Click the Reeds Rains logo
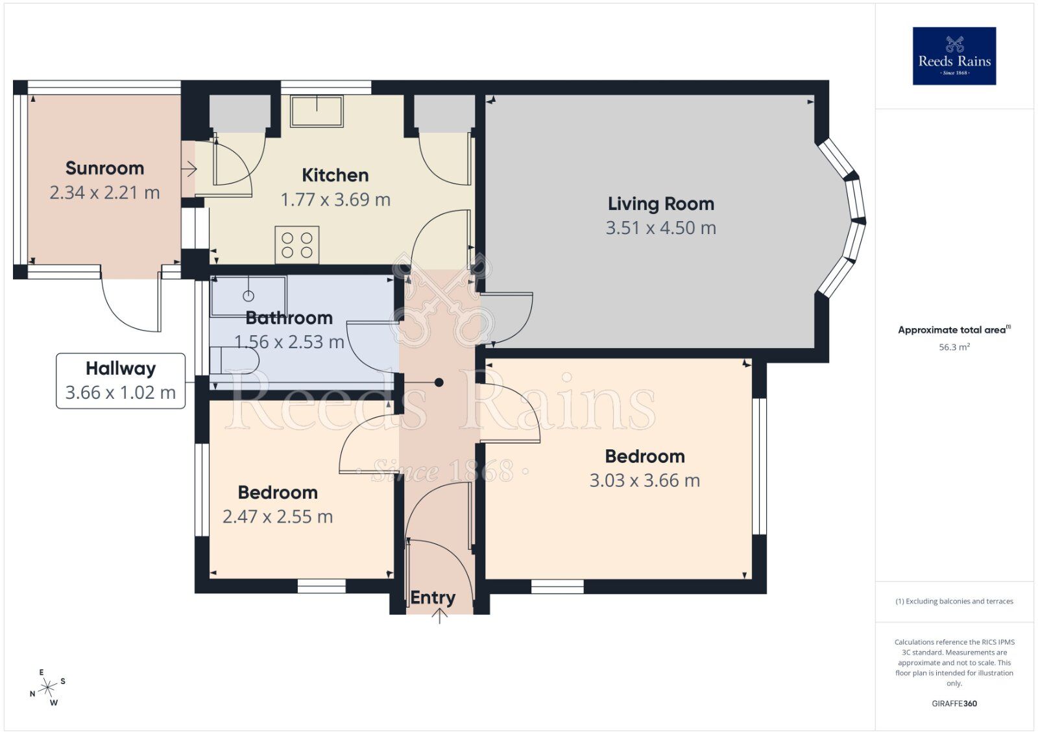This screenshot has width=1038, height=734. pyautogui.click(x=954, y=56)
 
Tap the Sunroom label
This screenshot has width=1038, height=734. pyautogui.click(x=104, y=168)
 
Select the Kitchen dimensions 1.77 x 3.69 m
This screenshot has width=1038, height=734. pyautogui.click(x=335, y=200)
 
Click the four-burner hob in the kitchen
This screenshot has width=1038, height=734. pyautogui.click(x=297, y=244)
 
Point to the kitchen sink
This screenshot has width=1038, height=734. pyautogui.click(x=317, y=112)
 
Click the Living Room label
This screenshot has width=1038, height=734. pyautogui.click(x=660, y=204)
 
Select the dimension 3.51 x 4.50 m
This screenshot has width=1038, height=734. pyautogui.click(x=660, y=228)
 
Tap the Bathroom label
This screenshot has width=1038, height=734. pyautogui.click(x=289, y=318)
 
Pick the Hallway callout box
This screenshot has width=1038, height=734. pyautogui.click(x=121, y=381)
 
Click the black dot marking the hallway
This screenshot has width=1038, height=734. pyautogui.click(x=439, y=383)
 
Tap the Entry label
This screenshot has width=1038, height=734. pyautogui.click(x=433, y=597)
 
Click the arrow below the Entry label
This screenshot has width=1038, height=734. pyautogui.click(x=440, y=616)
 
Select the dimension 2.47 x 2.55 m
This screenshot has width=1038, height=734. pyautogui.click(x=278, y=517)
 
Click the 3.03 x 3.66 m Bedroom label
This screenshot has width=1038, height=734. pyautogui.click(x=644, y=456)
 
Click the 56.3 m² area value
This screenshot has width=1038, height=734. pyautogui.click(x=954, y=348)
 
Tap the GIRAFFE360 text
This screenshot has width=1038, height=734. pyautogui.click(x=954, y=704)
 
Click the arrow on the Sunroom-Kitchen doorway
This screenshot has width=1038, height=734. pyautogui.click(x=189, y=170)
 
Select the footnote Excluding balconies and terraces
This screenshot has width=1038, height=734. pyautogui.click(x=954, y=601)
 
